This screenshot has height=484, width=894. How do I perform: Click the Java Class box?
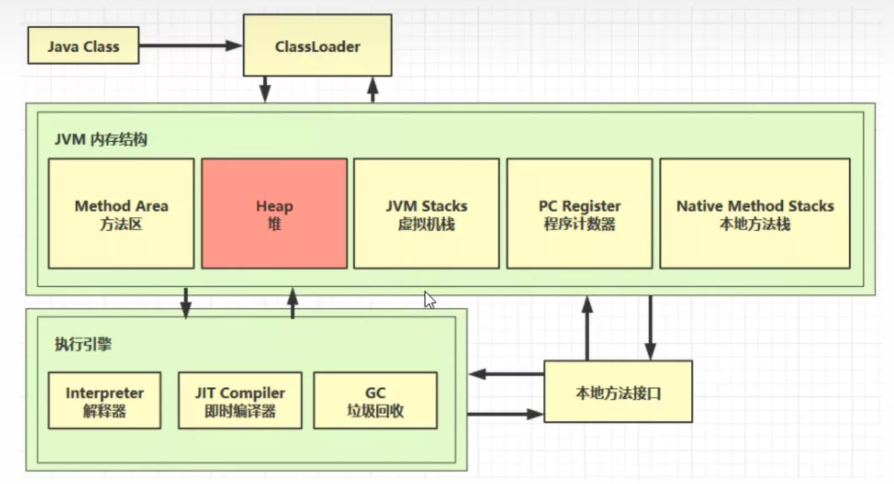(84, 45)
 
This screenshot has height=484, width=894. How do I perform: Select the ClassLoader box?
(317, 46)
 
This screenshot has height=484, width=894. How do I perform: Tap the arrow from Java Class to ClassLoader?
(190, 45)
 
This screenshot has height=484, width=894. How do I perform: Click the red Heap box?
(274, 214)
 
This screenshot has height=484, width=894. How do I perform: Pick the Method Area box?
(121, 214)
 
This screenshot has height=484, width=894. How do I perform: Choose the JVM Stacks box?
(426, 214)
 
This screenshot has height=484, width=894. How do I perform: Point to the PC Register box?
(579, 214)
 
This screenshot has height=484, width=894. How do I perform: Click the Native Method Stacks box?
(755, 214)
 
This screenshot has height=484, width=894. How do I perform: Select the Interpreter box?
(104, 400)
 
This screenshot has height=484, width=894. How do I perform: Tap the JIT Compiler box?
(240, 400)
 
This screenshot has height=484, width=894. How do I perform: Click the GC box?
(375, 400)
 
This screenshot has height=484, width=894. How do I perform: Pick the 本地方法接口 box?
(618, 392)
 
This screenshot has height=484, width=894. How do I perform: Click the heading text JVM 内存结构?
(101, 139)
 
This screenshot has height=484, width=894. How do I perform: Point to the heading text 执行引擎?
(83, 345)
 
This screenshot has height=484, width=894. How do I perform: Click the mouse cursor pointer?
(429, 300)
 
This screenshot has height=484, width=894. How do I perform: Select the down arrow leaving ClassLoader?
(265, 89)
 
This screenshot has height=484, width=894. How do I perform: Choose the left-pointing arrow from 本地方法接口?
(507, 373)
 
